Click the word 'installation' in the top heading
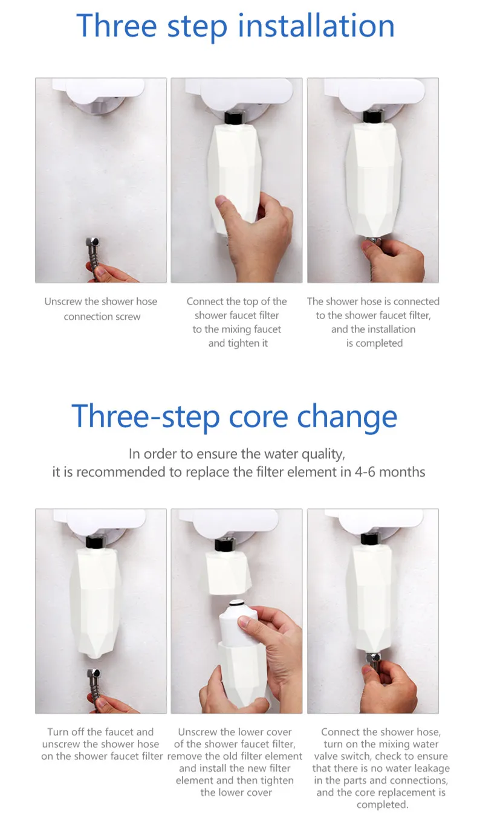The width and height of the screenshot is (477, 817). (316, 25)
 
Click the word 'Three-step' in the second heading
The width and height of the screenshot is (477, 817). (145, 418)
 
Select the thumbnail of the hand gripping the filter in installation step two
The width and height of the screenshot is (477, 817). (236, 180)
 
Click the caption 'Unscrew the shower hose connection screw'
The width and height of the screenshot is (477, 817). (101, 309)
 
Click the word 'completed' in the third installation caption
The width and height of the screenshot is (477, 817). (379, 343)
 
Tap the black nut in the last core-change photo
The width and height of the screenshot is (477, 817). (369, 539)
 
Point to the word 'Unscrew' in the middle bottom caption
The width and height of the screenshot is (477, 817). (196, 732)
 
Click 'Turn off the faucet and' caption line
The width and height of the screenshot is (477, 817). (100, 732)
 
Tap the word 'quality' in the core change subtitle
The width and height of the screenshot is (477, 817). (323, 454)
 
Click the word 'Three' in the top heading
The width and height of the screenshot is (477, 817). (117, 25)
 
